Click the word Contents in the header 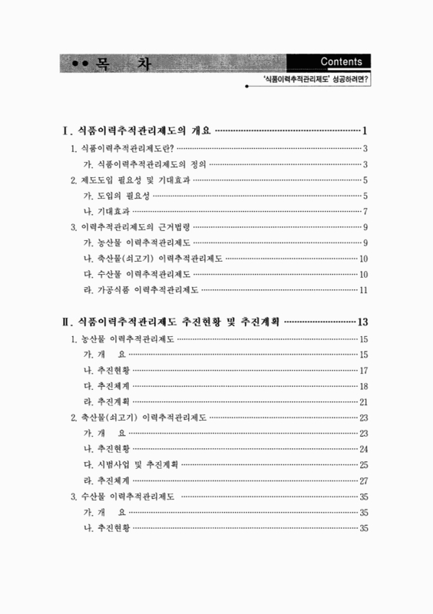coord(343,62)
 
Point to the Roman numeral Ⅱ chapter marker coord(66,320)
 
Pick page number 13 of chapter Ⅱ coord(365,320)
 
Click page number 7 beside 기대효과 coord(366,211)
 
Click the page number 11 coord(364,289)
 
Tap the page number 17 coord(364,370)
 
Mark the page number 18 coord(364,385)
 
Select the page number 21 coord(364,401)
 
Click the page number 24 coord(364,449)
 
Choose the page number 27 coord(364,480)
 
